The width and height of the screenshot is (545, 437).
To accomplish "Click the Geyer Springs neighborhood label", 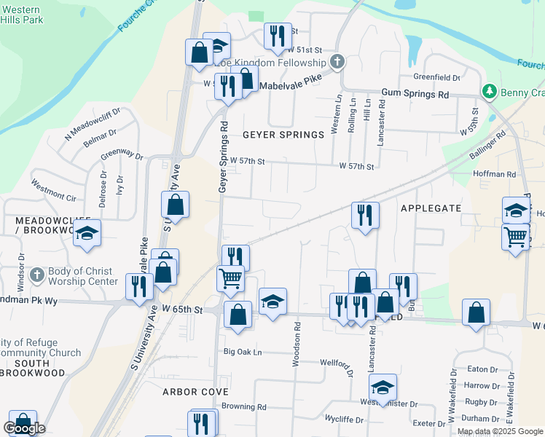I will coord(283,135).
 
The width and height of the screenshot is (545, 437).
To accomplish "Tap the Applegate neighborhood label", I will coord(431,208).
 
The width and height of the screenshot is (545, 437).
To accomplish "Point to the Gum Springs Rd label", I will coord(416,95).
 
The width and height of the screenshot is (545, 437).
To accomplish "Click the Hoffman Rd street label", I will coord(494,174).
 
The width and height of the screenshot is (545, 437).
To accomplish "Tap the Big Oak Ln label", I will coord(242,352).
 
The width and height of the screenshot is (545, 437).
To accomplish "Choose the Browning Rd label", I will coord(244,406).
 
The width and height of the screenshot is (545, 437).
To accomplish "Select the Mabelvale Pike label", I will coord(291,82).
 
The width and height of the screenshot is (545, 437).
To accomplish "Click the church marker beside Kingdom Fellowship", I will coord(337,61).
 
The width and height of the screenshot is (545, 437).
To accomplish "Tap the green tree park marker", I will coord(489,92).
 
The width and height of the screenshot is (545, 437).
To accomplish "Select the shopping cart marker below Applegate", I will coord(515,237).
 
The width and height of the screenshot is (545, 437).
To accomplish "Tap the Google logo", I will coord(24,429).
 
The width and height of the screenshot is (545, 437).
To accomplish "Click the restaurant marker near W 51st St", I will coord(276,36).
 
